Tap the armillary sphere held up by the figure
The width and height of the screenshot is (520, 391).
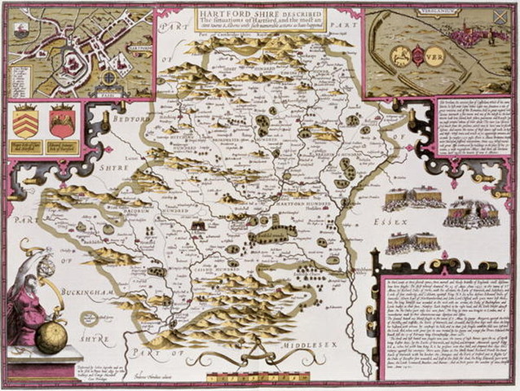pyautogui.click(x=47, y=266)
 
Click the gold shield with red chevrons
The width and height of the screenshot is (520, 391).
pyautogui.click(x=25, y=123)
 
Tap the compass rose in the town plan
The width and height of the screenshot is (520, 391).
pyautogui.click(x=108, y=79)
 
